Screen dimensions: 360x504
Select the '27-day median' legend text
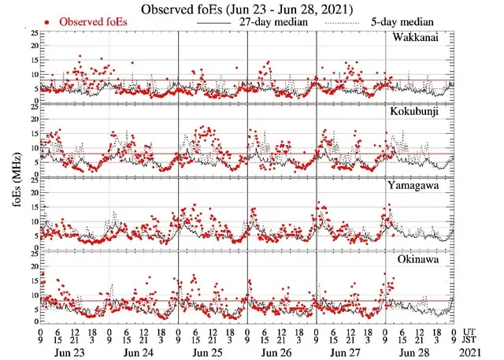point(272,24)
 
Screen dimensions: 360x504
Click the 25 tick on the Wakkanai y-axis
point(32,34)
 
